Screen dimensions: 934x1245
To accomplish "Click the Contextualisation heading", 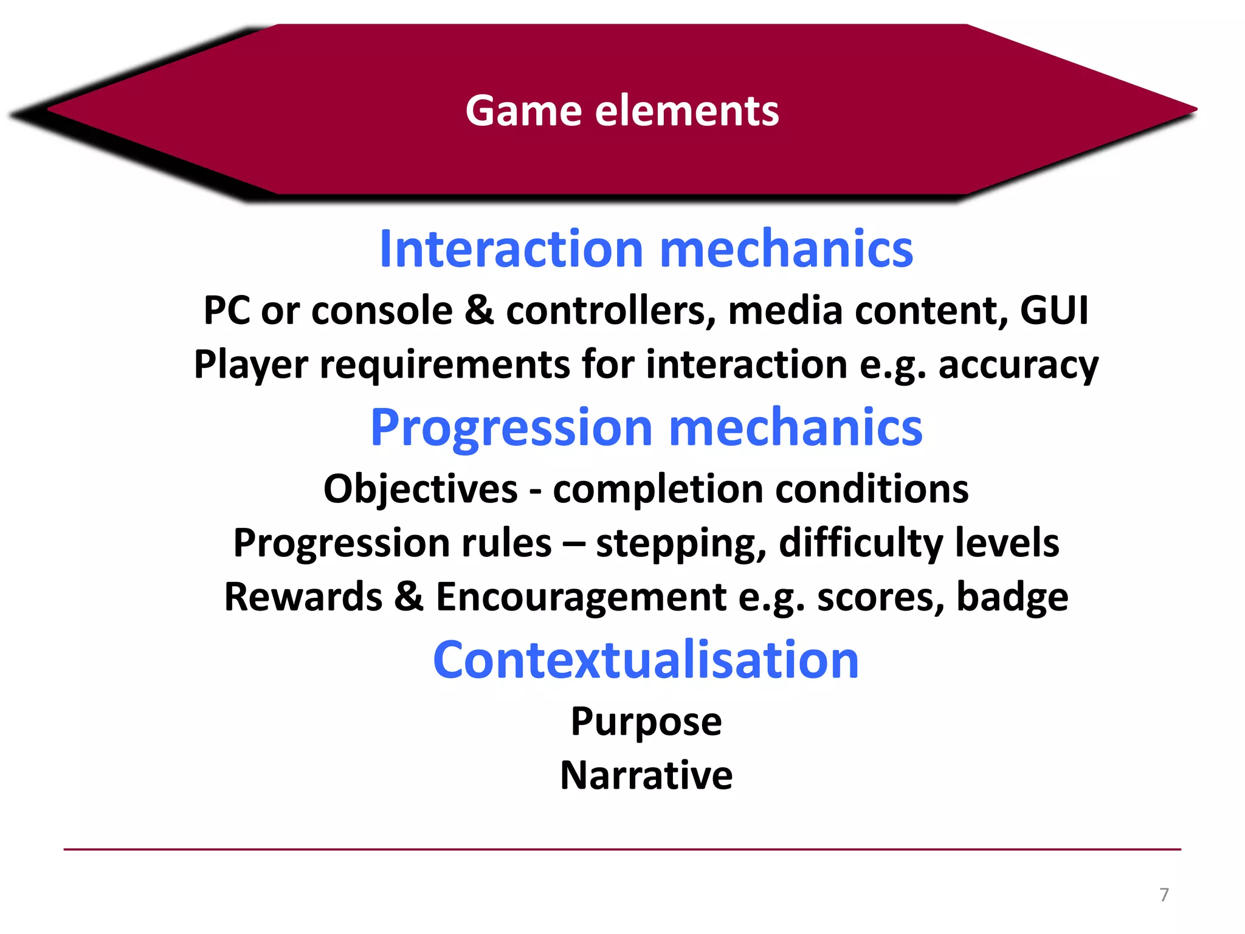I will [646, 660].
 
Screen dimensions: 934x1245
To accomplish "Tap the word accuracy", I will [1018, 365].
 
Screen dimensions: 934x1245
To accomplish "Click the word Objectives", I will [420, 489].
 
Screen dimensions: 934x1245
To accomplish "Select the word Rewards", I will [303, 597].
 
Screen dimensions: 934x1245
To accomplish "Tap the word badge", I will [1012, 597].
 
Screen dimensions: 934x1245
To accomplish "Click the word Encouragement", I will [581, 597].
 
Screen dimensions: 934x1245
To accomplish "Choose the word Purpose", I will [646, 722].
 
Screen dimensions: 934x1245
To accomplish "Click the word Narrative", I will [646, 775].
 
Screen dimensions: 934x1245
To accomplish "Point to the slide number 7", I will [1164, 894].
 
